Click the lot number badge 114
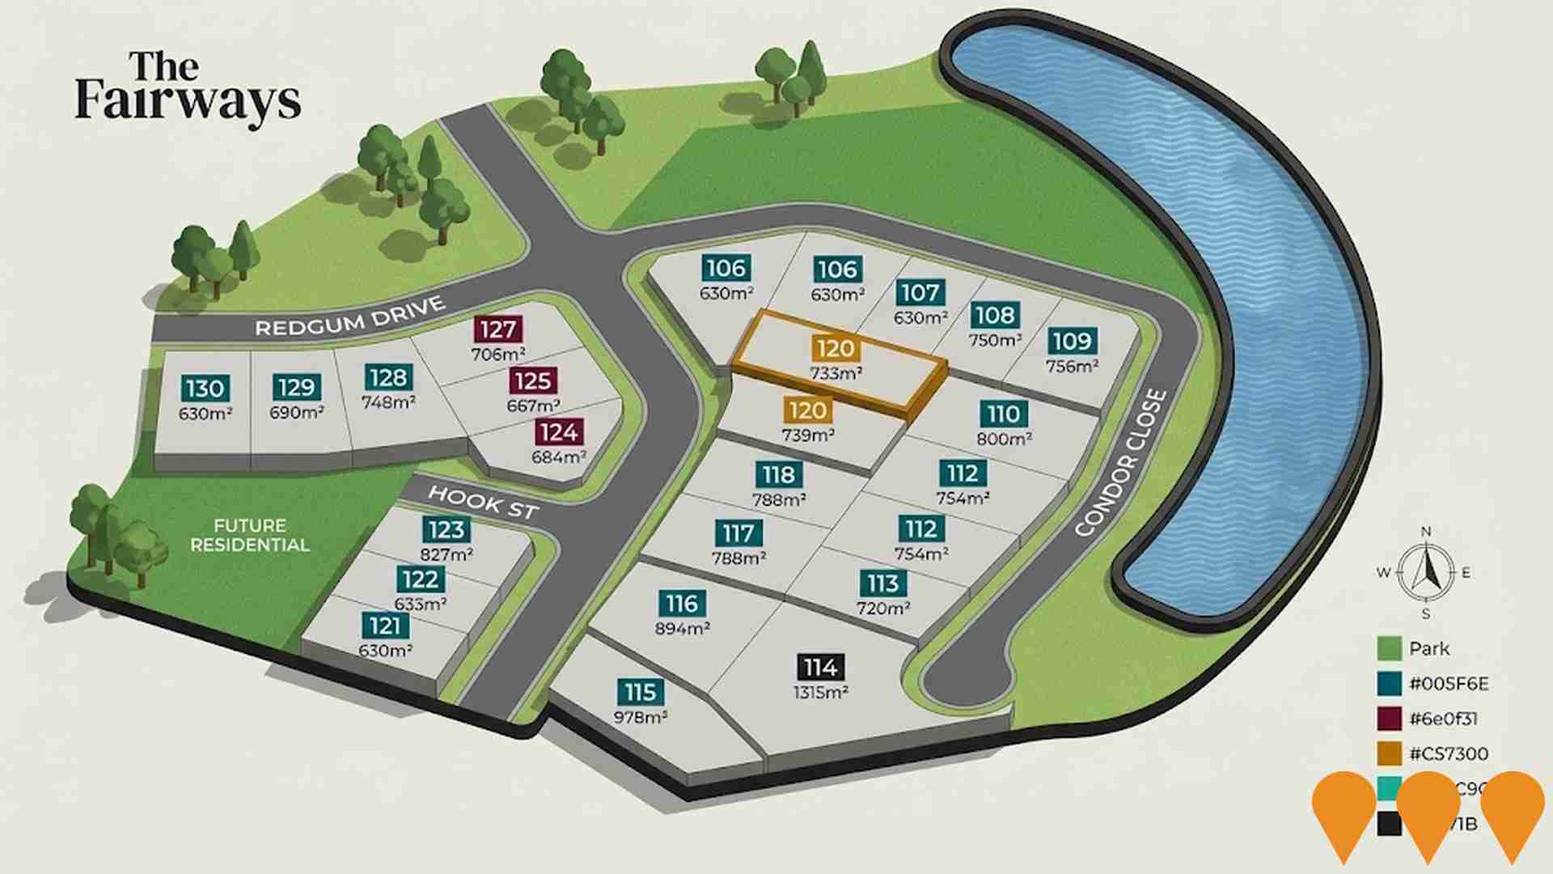click(x=820, y=668)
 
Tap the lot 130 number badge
click(x=204, y=388)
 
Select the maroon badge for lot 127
click(x=497, y=329)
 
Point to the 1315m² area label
click(x=820, y=693)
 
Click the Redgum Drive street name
click(x=350, y=316)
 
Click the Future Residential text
click(x=250, y=536)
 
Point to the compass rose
click(x=1425, y=573)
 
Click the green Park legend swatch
click(x=1389, y=648)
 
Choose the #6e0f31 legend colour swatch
click(x=1389, y=719)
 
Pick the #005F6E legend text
click(x=1448, y=684)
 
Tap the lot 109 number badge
click(x=1072, y=341)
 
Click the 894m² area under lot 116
click(x=683, y=629)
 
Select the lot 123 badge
click(x=446, y=530)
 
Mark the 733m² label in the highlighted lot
click(x=836, y=374)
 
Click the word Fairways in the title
click(x=188, y=101)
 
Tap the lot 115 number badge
click(x=640, y=693)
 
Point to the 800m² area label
click(x=1004, y=439)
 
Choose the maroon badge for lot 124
click(x=559, y=432)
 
